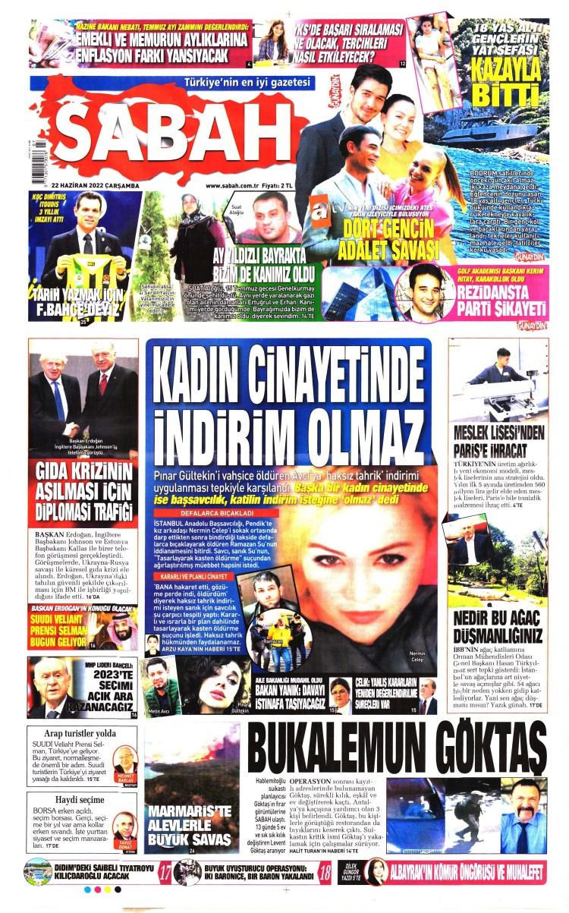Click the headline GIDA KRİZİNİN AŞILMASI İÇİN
(83, 490)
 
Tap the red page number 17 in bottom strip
(164, 873)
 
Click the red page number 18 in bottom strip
(325, 873)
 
